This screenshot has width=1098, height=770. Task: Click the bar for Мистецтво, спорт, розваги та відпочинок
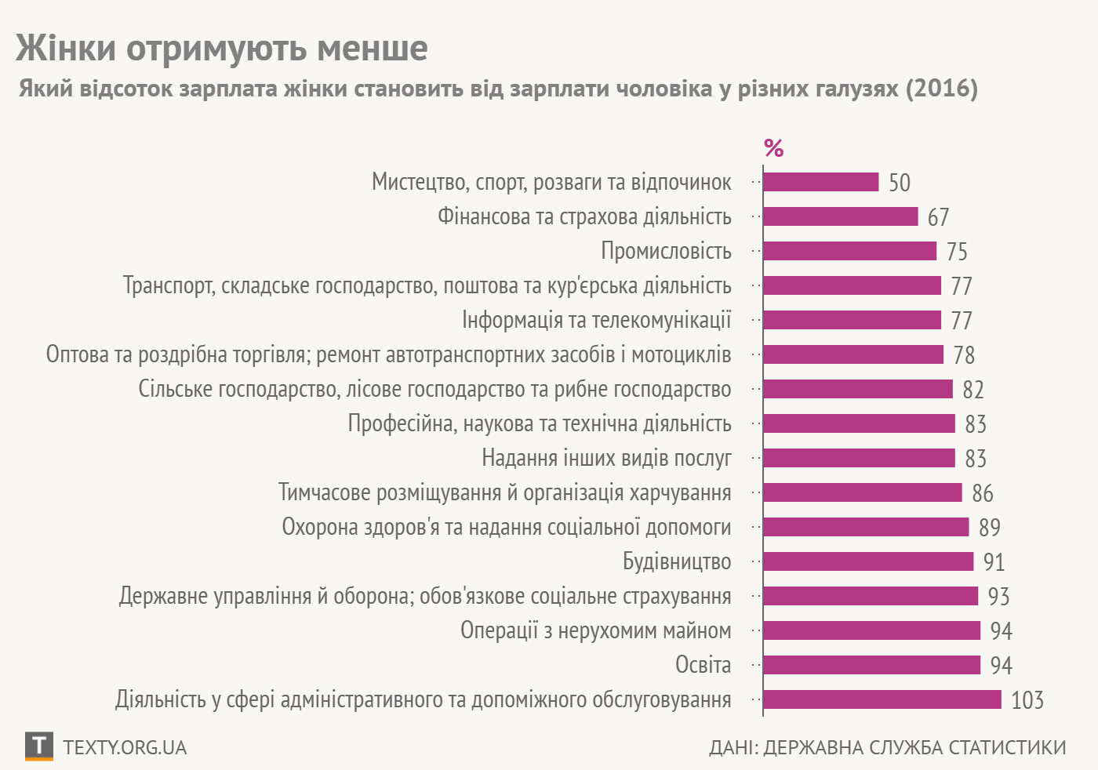[x=820, y=182]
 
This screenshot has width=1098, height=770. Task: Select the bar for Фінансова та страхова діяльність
[x=840, y=216]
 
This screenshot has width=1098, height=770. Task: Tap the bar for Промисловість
[x=849, y=251]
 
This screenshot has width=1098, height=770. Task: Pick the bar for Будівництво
[x=868, y=561]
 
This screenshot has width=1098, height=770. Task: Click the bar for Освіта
[x=871, y=665]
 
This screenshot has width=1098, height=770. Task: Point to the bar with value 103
[x=882, y=699]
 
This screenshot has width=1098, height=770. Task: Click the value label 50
[x=900, y=183]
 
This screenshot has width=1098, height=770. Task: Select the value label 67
[x=938, y=217]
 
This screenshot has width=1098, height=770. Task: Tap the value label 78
[x=964, y=355]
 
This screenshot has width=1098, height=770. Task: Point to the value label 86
[x=982, y=493]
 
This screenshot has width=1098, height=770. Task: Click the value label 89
[x=990, y=528]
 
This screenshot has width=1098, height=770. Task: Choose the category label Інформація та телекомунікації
[x=596, y=320]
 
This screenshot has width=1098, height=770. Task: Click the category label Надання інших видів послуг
[x=606, y=458]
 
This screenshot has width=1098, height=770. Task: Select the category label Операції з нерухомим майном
[x=595, y=630]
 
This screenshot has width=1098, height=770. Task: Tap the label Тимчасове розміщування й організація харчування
[x=504, y=492]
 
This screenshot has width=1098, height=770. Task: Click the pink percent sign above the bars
[x=773, y=148]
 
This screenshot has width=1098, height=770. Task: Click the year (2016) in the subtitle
[x=941, y=88]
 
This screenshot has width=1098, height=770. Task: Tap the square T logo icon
[x=39, y=746]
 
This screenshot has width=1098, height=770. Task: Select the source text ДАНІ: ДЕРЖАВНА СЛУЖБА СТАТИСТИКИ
[x=887, y=747]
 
